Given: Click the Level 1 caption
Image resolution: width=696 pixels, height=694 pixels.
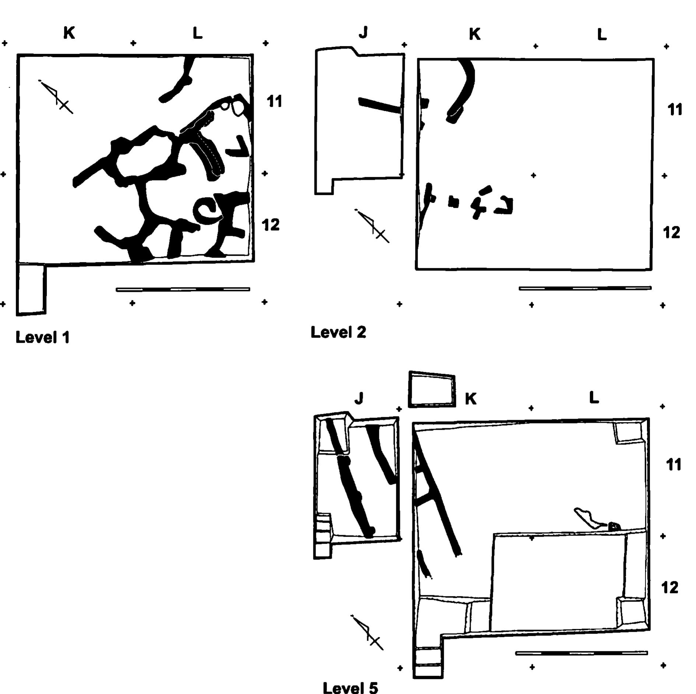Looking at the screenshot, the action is (x=43, y=337).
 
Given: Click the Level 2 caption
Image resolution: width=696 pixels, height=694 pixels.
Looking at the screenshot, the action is (x=338, y=332).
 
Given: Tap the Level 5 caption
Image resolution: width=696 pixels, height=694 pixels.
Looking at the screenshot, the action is (x=350, y=688).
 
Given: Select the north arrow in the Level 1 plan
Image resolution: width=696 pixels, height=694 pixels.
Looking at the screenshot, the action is (x=56, y=97).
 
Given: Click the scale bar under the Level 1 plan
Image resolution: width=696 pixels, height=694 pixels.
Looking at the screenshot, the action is (x=183, y=289).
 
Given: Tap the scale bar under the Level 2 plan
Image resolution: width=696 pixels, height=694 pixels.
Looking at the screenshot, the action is (x=585, y=288).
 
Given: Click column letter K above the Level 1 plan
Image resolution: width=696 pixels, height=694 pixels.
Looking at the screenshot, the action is (x=69, y=33).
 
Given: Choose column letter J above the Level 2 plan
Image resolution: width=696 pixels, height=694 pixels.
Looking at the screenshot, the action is (x=363, y=33).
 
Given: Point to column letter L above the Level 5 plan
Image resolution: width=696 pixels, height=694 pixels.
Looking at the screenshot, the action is (x=594, y=397).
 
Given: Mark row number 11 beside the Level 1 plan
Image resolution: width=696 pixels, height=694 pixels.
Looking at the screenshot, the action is (x=274, y=101).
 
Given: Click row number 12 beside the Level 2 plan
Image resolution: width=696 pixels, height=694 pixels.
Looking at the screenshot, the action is (x=671, y=233).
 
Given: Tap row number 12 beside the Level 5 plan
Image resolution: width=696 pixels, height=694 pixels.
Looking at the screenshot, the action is (x=670, y=588).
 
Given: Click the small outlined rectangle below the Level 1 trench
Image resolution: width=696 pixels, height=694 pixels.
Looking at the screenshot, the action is (x=31, y=289).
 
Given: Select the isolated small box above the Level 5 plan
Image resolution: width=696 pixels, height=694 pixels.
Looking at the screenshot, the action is (x=432, y=389).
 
